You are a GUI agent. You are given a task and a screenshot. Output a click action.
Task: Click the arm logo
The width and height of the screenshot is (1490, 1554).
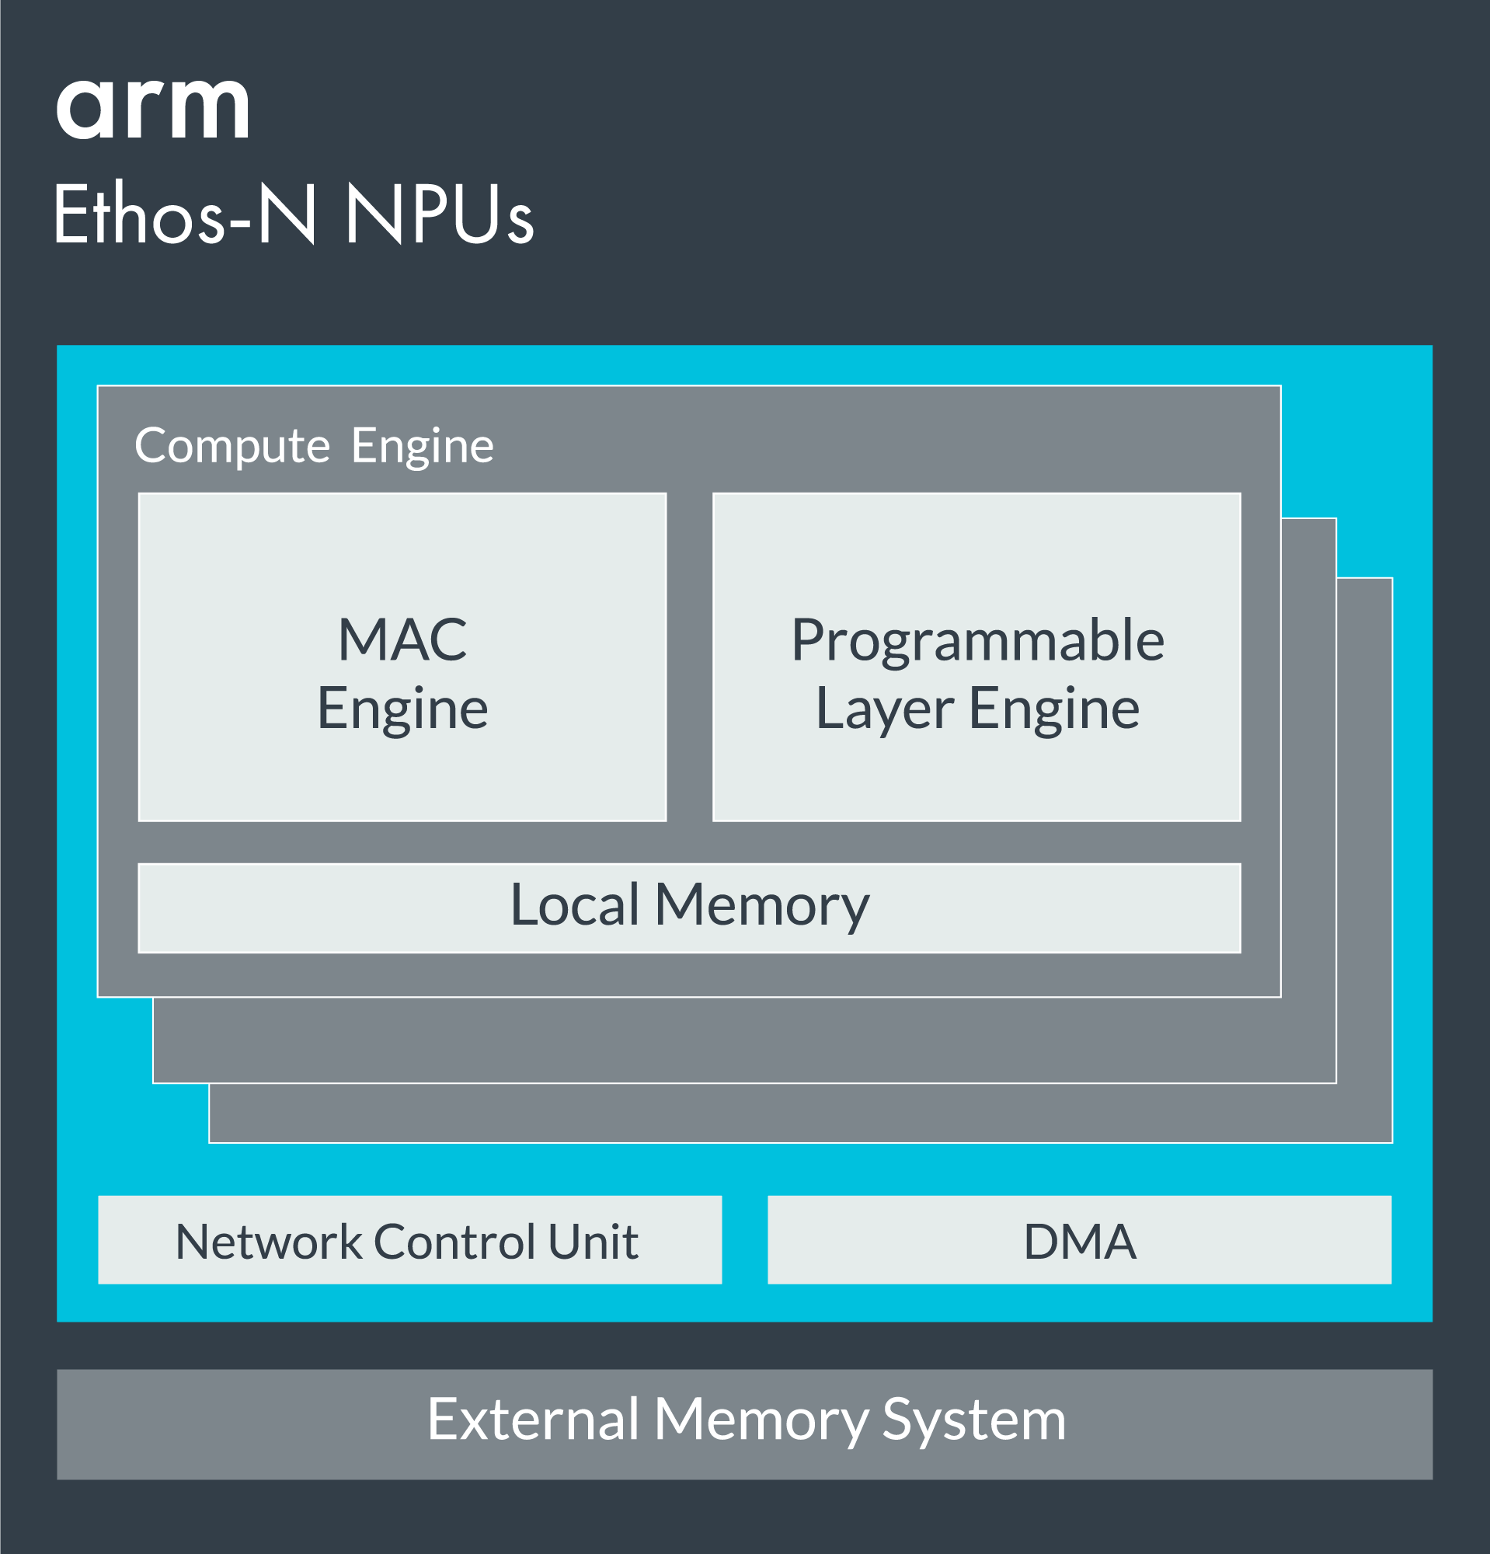tap(153, 109)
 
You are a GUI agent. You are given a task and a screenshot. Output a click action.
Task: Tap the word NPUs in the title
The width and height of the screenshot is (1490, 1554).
tap(439, 214)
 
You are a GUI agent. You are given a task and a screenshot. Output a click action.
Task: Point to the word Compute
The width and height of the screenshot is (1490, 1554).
tap(232, 445)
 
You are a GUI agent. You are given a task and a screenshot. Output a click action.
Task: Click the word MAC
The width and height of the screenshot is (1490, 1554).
tap(402, 639)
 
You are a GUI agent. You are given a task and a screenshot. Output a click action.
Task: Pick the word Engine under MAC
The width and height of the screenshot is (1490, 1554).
tap(402, 709)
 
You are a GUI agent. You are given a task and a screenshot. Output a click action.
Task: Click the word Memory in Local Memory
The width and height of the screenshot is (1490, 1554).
tap(761, 905)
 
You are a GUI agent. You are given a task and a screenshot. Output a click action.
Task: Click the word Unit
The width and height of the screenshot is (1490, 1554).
tap(592, 1242)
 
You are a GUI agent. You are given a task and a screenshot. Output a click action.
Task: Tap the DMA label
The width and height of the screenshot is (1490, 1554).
tap(1080, 1242)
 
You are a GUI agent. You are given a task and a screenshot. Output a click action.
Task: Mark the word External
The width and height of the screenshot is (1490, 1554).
tap(534, 1420)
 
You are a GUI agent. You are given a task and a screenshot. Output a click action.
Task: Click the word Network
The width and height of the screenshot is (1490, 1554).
tap(270, 1242)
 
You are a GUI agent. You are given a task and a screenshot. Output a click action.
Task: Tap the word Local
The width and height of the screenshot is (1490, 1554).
tap(575, 904)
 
